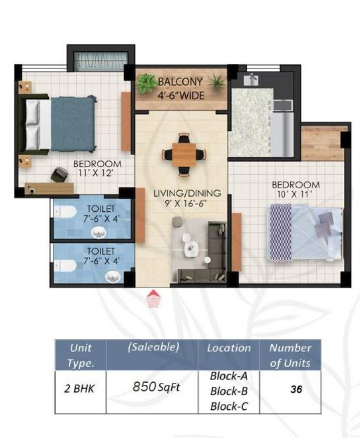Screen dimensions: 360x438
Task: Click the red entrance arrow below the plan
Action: point(153,299)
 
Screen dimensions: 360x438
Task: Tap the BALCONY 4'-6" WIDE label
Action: point(181,88)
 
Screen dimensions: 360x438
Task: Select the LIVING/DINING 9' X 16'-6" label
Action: point(187,198)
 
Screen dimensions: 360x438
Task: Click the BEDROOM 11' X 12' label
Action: point(97,168)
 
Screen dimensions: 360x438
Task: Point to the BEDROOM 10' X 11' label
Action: point(296,189)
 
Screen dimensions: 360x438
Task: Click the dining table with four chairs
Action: point(184,155)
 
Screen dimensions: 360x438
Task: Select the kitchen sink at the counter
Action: point(251,79)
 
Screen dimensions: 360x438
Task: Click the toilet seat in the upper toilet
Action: point(65,211)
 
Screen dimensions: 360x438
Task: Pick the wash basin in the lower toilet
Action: point(113,277)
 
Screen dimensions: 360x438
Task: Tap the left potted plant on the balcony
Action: point(146,82)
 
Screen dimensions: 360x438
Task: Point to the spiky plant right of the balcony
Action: point(217,81)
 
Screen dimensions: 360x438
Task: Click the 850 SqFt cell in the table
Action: point(156,387)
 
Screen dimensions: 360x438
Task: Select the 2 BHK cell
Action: point(79,389)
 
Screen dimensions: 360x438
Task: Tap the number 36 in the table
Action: point(296,389)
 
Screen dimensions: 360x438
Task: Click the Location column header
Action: point(229,348)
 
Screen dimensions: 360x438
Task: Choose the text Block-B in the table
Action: point(229,391)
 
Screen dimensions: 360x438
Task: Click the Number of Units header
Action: point(290,355)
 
